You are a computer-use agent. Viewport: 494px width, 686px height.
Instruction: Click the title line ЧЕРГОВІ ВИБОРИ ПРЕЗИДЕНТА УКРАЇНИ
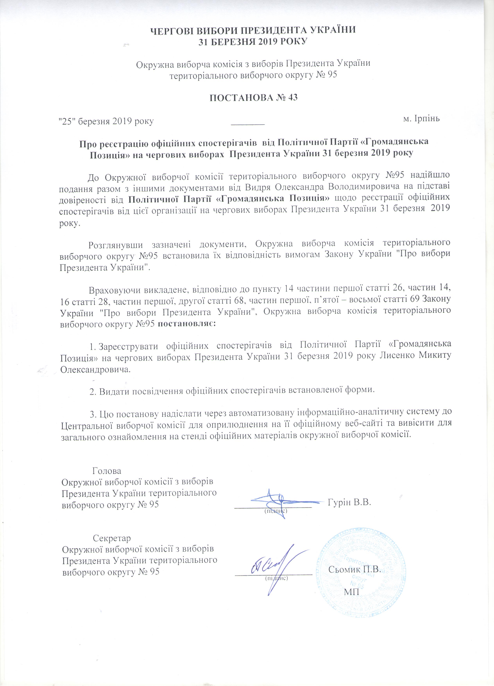pyautogui.click(x=253, y=31)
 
